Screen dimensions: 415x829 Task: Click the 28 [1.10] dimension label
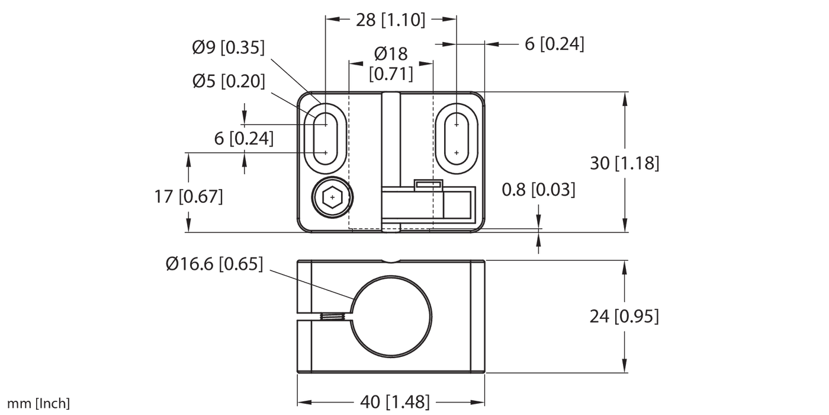click(390, 20)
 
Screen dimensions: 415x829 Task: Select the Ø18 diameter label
click(391, 54)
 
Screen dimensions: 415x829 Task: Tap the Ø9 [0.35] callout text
click(228, 48)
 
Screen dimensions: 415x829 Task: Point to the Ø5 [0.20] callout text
click(228, 81)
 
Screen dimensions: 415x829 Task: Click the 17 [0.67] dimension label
click(189, 196)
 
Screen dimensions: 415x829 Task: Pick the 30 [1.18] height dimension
click(625, 163)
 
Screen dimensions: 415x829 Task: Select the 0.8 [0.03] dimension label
click(538, 190)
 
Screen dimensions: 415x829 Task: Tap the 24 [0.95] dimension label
click(624, 317)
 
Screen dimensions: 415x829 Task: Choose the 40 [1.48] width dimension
click(390, 401)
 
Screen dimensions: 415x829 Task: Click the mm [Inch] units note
click(38, 404)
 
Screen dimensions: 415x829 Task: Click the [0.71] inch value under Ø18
click(391, 74)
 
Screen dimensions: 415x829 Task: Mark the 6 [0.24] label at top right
click(554, 43)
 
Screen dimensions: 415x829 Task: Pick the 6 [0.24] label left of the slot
click(243, 139)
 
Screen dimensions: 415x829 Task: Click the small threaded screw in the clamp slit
click(332, 317)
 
